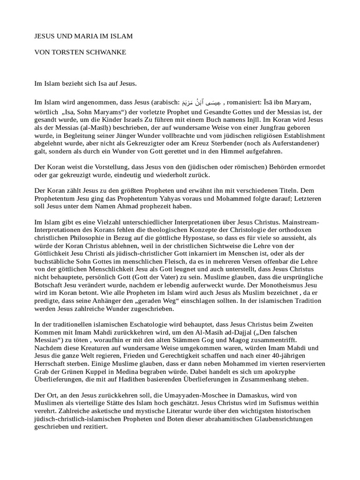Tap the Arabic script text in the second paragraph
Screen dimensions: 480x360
pos(200,102)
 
